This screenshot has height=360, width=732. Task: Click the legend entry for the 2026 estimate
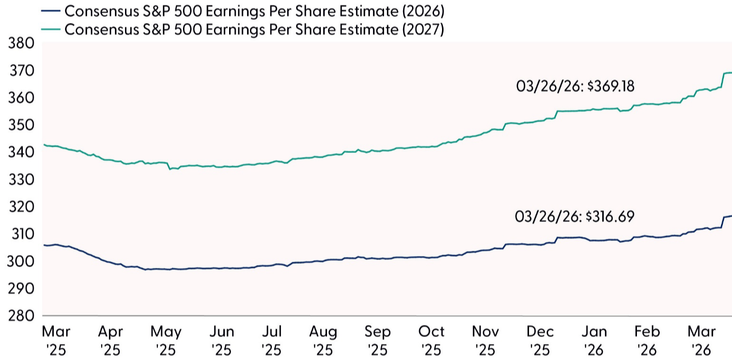[x=254, y=10]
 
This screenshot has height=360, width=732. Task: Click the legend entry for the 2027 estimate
[x=254, y=29]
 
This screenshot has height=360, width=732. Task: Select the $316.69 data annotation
[x=574, y=216]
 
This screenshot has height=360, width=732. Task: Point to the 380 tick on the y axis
[x=22, y=44]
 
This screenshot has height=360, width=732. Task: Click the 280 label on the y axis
[x=22, y=316]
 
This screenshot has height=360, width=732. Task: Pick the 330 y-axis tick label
[x=22, y=180]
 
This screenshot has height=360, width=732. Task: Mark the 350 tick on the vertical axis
[x=22, y=126]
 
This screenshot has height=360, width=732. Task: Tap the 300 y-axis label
[x=22, y=262]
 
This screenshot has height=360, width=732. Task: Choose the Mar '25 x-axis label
[x=56, y=341]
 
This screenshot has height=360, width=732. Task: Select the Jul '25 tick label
[x=271, y=341]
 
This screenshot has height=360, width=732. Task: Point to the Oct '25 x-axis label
[x=432, y=341]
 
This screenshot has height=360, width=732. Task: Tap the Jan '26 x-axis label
[x=594, y=341]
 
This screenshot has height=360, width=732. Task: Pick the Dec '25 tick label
[x=540, y=341]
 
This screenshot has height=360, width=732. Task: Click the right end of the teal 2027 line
[x=731, y=73]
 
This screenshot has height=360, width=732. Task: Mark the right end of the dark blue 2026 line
[x=731, y=216]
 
